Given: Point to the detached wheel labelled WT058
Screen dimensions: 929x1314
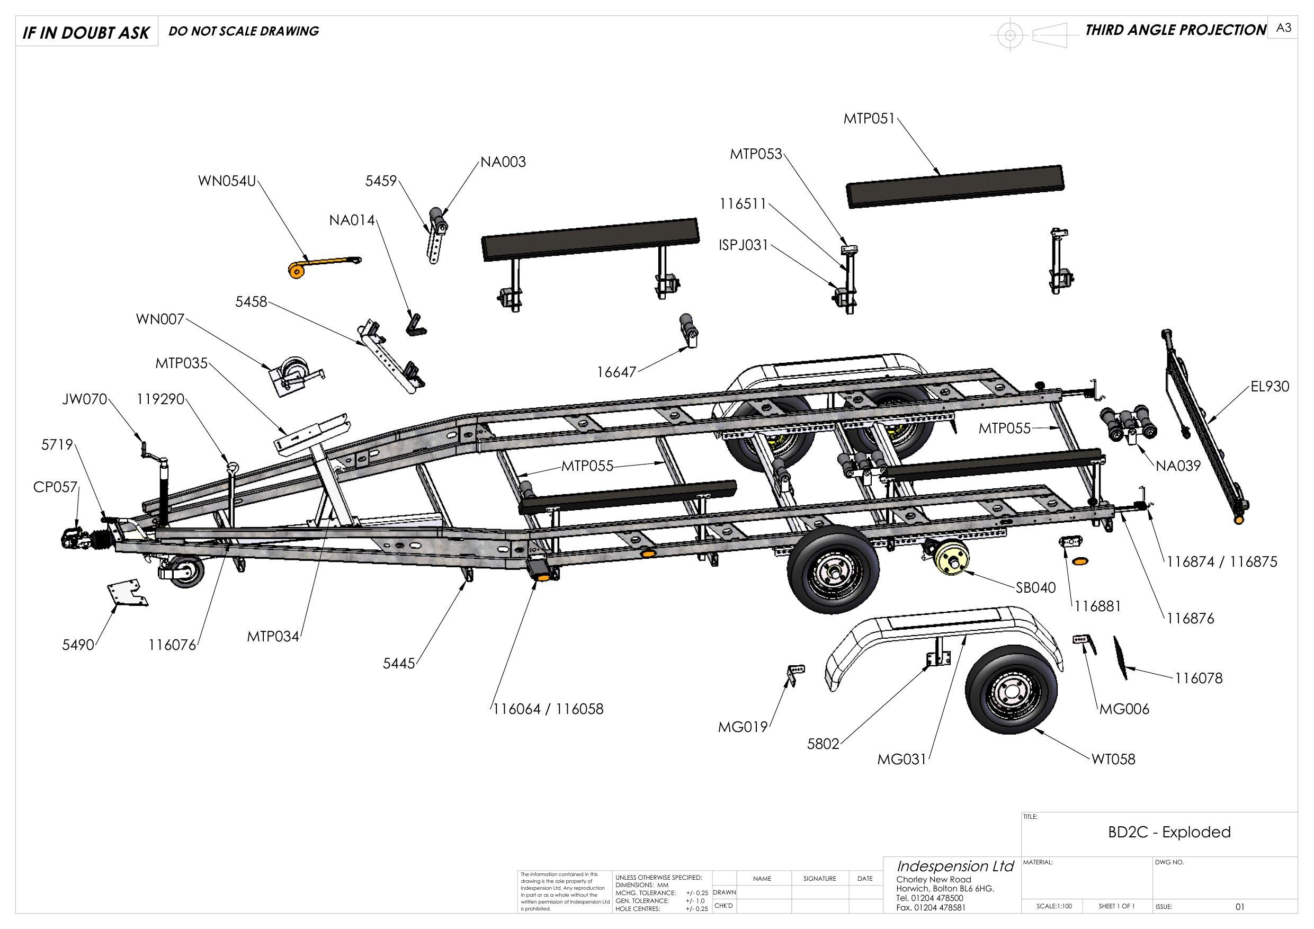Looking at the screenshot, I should tap(1011, 692).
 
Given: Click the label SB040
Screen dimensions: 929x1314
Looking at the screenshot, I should tap(1036, 588).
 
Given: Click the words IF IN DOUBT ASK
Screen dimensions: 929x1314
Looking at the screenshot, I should tap(86, 33).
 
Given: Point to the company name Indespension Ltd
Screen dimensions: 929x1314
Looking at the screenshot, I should tap(954, 866).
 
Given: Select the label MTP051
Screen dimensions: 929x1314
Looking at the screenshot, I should tap(868, 119).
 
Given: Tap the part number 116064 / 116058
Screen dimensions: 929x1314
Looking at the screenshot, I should tap(548, 709).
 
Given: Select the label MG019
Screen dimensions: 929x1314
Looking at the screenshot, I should tap(743, 728).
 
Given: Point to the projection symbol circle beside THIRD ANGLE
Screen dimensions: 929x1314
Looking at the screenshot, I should tap(1010, 35).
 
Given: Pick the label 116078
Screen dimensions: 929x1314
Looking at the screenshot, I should tap(1199, 678).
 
